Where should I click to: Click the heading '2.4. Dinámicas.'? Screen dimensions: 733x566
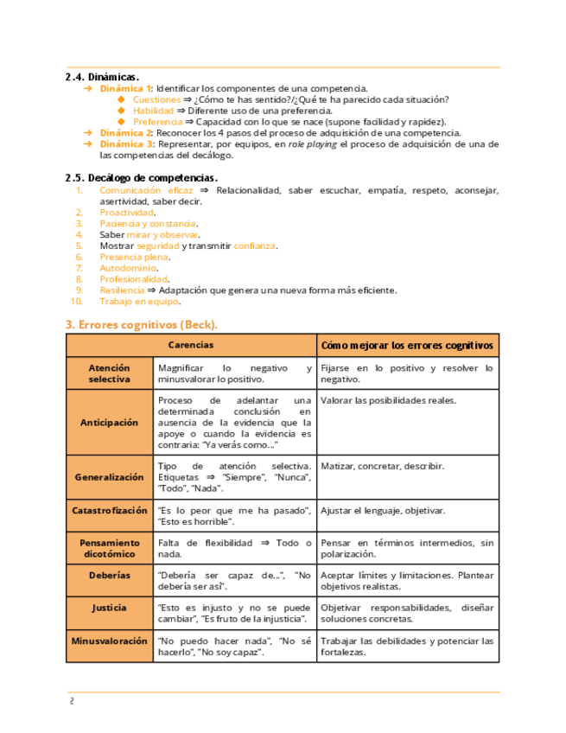[x=102, y=77]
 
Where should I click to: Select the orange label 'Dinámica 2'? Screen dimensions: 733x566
[x=126, y=133]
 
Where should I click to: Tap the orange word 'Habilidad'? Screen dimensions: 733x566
[x=153, y=111]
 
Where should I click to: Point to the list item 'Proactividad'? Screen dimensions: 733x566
[x=127, y=212]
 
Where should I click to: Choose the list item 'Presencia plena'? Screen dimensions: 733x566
[x=135, y=257]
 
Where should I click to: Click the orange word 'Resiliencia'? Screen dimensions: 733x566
[x=122, y=290]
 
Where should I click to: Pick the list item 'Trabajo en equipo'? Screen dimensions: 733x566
[x=139, y=302]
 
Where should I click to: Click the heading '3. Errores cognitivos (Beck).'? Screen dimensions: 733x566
[x=142, y=324]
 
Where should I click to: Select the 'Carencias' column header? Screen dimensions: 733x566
[x=192, y=345]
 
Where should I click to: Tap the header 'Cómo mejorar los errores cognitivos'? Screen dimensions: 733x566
[x=408, y=345]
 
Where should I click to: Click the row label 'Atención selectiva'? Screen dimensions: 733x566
[x=110, y=373]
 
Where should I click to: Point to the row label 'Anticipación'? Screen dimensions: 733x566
[x=110, y=423]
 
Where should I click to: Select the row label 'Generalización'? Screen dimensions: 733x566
[x=110, y=477]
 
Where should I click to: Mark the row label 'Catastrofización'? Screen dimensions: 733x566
[x=110, y=511]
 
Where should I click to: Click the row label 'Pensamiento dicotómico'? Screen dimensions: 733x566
[x=110, y=548]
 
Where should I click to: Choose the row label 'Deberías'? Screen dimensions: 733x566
[x=110, y=575]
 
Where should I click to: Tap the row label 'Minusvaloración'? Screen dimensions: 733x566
[x=110, y=641]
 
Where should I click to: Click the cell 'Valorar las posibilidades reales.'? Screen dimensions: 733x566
[x=388, y=401]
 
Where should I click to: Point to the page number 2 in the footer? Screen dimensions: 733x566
[x=73, y=701]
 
